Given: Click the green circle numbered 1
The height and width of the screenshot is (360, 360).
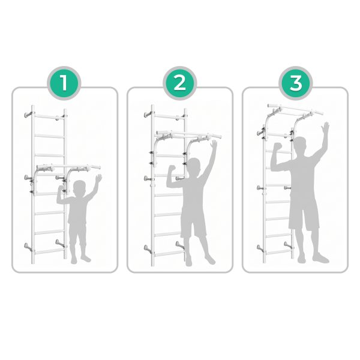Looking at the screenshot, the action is [64, 83].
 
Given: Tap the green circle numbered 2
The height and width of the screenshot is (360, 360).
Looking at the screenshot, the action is [180, 83].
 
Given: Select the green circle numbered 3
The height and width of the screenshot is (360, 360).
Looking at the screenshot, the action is [296, 83].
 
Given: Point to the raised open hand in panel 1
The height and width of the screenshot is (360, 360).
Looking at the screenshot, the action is [98, 178].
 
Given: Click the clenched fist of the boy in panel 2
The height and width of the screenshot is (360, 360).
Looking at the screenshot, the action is [172, 169].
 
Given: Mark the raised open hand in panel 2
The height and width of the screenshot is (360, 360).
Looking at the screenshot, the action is [214, 144].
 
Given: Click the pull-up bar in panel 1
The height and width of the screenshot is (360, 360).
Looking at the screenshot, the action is [68, 166].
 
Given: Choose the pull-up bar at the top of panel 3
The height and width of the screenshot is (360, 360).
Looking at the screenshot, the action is [296, 109].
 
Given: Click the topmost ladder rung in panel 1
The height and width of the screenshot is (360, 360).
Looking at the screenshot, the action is [49, 117].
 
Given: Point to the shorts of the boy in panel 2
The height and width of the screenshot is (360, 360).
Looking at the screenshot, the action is [193, 221].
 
